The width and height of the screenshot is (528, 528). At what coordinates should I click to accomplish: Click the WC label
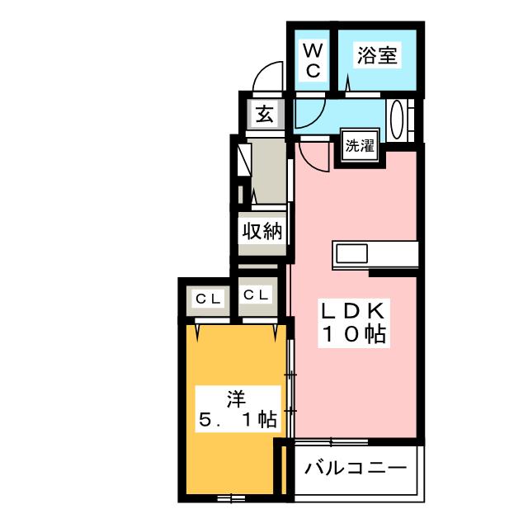pyautogui.click(x=313, y=61)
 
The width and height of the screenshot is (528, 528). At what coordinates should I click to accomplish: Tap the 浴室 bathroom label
pyautogui.click(x=377, y=57)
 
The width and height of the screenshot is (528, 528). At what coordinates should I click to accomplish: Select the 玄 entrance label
pyautogui.click(x=264, y=114)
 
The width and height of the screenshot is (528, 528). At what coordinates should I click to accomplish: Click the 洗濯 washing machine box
pyautogui.click(x=359, y=148)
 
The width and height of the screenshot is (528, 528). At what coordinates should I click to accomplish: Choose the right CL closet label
pyautogui.click(x=255, y=295)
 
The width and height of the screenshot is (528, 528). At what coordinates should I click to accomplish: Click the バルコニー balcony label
pyautogui.click(x=356, y=469)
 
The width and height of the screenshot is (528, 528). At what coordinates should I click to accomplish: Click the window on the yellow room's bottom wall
pyautogui.click(x=232, y=497)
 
